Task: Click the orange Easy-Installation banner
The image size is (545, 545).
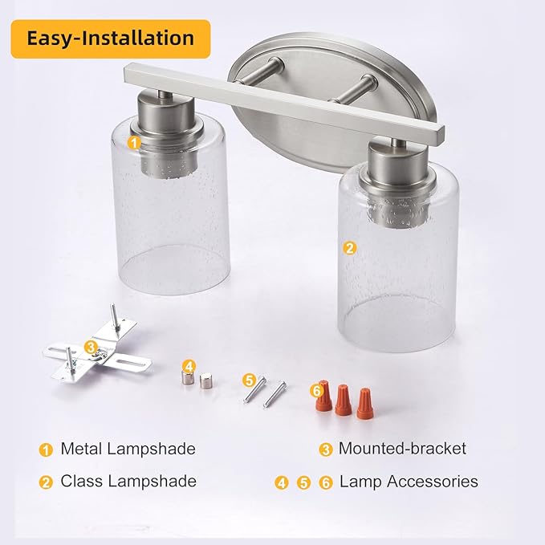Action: coord(111,39)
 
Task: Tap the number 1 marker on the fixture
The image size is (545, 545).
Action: coord(135,143)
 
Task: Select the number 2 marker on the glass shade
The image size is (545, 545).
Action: coord(350,248)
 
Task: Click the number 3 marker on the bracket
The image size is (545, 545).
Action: coord(91,347)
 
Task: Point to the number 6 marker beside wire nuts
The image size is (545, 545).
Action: coord(316,391)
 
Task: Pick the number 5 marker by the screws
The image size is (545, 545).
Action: coord(249,380)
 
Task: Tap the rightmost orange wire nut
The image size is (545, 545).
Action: coord(365,404)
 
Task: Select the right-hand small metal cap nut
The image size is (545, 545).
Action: coord(205,381)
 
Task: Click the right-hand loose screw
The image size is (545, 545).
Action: coord(275,394)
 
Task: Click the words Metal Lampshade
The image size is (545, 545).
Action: coord(128,449)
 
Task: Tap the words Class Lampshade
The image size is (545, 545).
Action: coord(128,481)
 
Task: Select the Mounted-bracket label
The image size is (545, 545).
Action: coord(402,448)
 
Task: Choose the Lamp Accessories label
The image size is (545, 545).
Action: coord(409,482)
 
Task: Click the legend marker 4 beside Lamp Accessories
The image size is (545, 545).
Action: coord(282,482)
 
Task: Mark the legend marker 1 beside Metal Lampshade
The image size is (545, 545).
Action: coord(46,449)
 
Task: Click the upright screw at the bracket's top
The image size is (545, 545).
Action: coord(116,317)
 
